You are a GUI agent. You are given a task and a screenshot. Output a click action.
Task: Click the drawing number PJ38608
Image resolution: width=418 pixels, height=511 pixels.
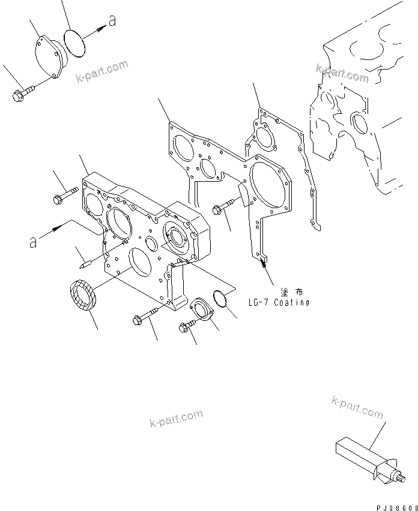click(x=393, y=507)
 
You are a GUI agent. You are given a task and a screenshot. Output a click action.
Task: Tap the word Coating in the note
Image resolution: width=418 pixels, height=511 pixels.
click(x=291, y=303)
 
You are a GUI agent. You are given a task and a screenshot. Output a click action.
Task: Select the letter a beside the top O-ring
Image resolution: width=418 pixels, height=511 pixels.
click(x=111, y=22)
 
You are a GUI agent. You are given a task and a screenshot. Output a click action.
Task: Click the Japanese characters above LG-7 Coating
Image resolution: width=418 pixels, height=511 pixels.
click(x=291, y=291)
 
